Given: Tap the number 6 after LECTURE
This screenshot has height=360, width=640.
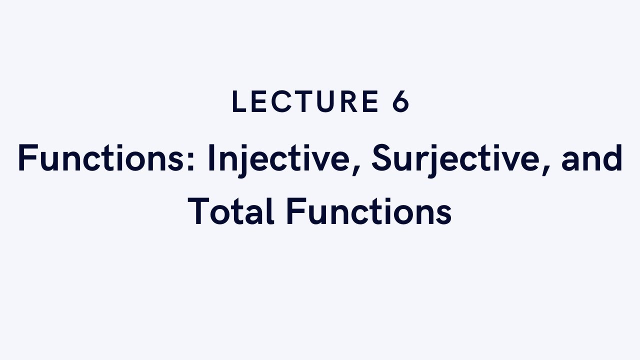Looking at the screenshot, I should click(400, 102).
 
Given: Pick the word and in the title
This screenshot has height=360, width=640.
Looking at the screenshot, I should click(592, 159).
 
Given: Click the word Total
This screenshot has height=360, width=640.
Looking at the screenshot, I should click(231, 211).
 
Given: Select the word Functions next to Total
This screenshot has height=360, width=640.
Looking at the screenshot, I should click(369, 211).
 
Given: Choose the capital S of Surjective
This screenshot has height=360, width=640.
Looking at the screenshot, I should click(383, 158).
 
